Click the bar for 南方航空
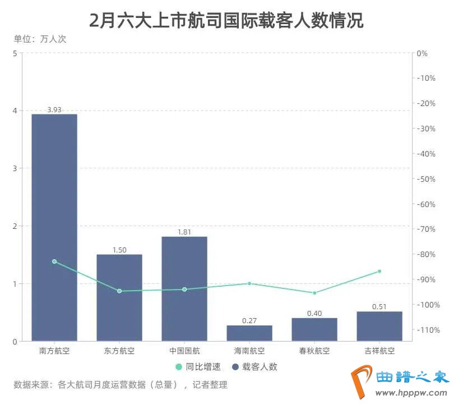click(54, 227)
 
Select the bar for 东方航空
click(119, 297)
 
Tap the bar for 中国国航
click(184, 288)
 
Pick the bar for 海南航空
click(249, 333)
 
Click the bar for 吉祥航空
click(379, 326)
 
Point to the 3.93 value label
click(54, 110)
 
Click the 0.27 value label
click(249, 321)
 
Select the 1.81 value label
click(184, 232)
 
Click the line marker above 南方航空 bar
click(54, 261)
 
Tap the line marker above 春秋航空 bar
click(314, 293)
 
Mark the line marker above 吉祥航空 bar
click(379, 271)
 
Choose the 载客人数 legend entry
click(254, 367)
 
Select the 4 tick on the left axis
click(15, 111)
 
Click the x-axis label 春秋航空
click(314, 351)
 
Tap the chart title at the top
click(226, 21)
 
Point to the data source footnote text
click(121, 385)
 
